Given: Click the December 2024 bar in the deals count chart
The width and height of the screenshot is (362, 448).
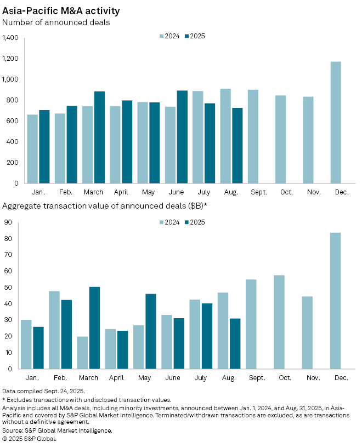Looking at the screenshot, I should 336,122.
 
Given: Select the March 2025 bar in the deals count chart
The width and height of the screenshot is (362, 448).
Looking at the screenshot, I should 99,137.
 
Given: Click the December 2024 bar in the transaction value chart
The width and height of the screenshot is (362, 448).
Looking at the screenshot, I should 336,301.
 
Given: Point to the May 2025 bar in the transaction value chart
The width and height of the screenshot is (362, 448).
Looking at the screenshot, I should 150,331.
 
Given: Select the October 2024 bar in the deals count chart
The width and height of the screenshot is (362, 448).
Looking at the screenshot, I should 280,139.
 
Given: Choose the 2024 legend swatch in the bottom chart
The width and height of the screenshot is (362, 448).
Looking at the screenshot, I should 161,222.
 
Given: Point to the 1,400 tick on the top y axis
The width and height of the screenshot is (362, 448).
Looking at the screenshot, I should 10,38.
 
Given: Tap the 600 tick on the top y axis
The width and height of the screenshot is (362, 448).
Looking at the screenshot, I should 13,120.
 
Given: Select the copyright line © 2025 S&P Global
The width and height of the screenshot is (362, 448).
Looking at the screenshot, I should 29,438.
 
